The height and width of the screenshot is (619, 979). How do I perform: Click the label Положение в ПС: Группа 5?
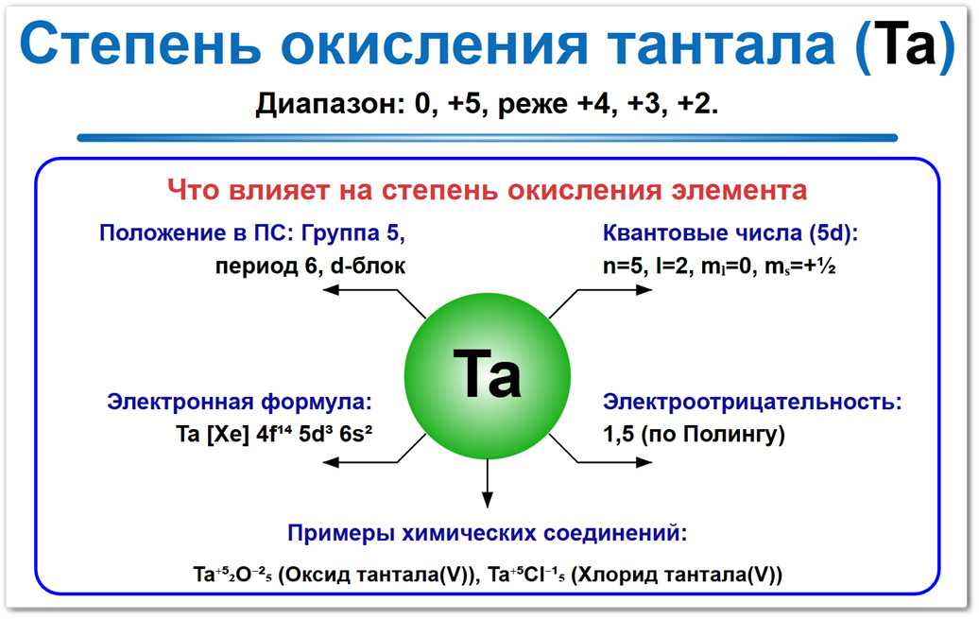(257, 233)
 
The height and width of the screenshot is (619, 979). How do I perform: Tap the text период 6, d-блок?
(310, 266)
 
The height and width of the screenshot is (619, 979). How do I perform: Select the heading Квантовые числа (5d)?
(734, 233)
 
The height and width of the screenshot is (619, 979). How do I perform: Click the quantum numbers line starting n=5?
(717, 266)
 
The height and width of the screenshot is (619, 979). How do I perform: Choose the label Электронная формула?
(238, 402)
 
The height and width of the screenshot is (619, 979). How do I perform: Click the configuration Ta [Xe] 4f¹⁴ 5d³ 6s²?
(278, 435)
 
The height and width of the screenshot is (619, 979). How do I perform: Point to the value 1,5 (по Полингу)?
(694, 435)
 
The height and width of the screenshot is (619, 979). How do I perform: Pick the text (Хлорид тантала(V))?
(678, 574)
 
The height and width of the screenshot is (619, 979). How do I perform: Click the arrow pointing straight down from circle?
(487, 482)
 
